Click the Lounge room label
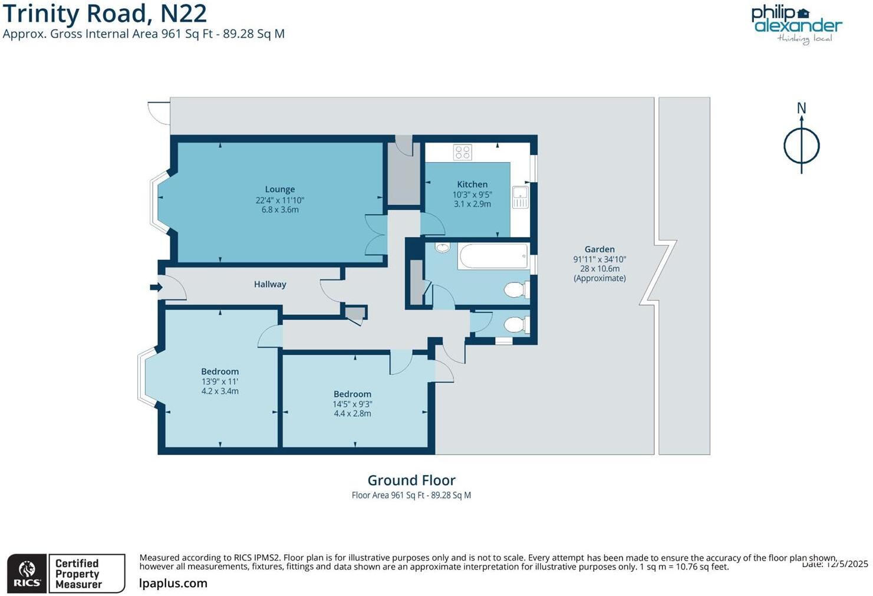click(x=279, y=189)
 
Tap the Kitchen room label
click(x=472, y=184)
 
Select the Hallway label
click(x=270, y=284)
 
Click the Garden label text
click(x=599, y=249)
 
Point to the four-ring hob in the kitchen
click(x=463, y=152)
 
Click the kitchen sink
click(x=520, y=197)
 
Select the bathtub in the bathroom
click(x=493, y=256)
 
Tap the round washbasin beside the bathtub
click(x=442, y=248)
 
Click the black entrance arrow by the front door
click(x=156, y=287)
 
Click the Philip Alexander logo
click(x=796, y=24)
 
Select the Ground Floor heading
click(x=411, y=480)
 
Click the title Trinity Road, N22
click(x=105, y=13)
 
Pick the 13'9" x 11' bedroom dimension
click(x=220, y=381)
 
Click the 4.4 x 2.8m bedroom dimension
click(x=353, y=413)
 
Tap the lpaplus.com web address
click(x=173, y=583)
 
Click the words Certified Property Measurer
click(x=78, y=574)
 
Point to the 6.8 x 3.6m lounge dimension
click(x=280, y=209)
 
